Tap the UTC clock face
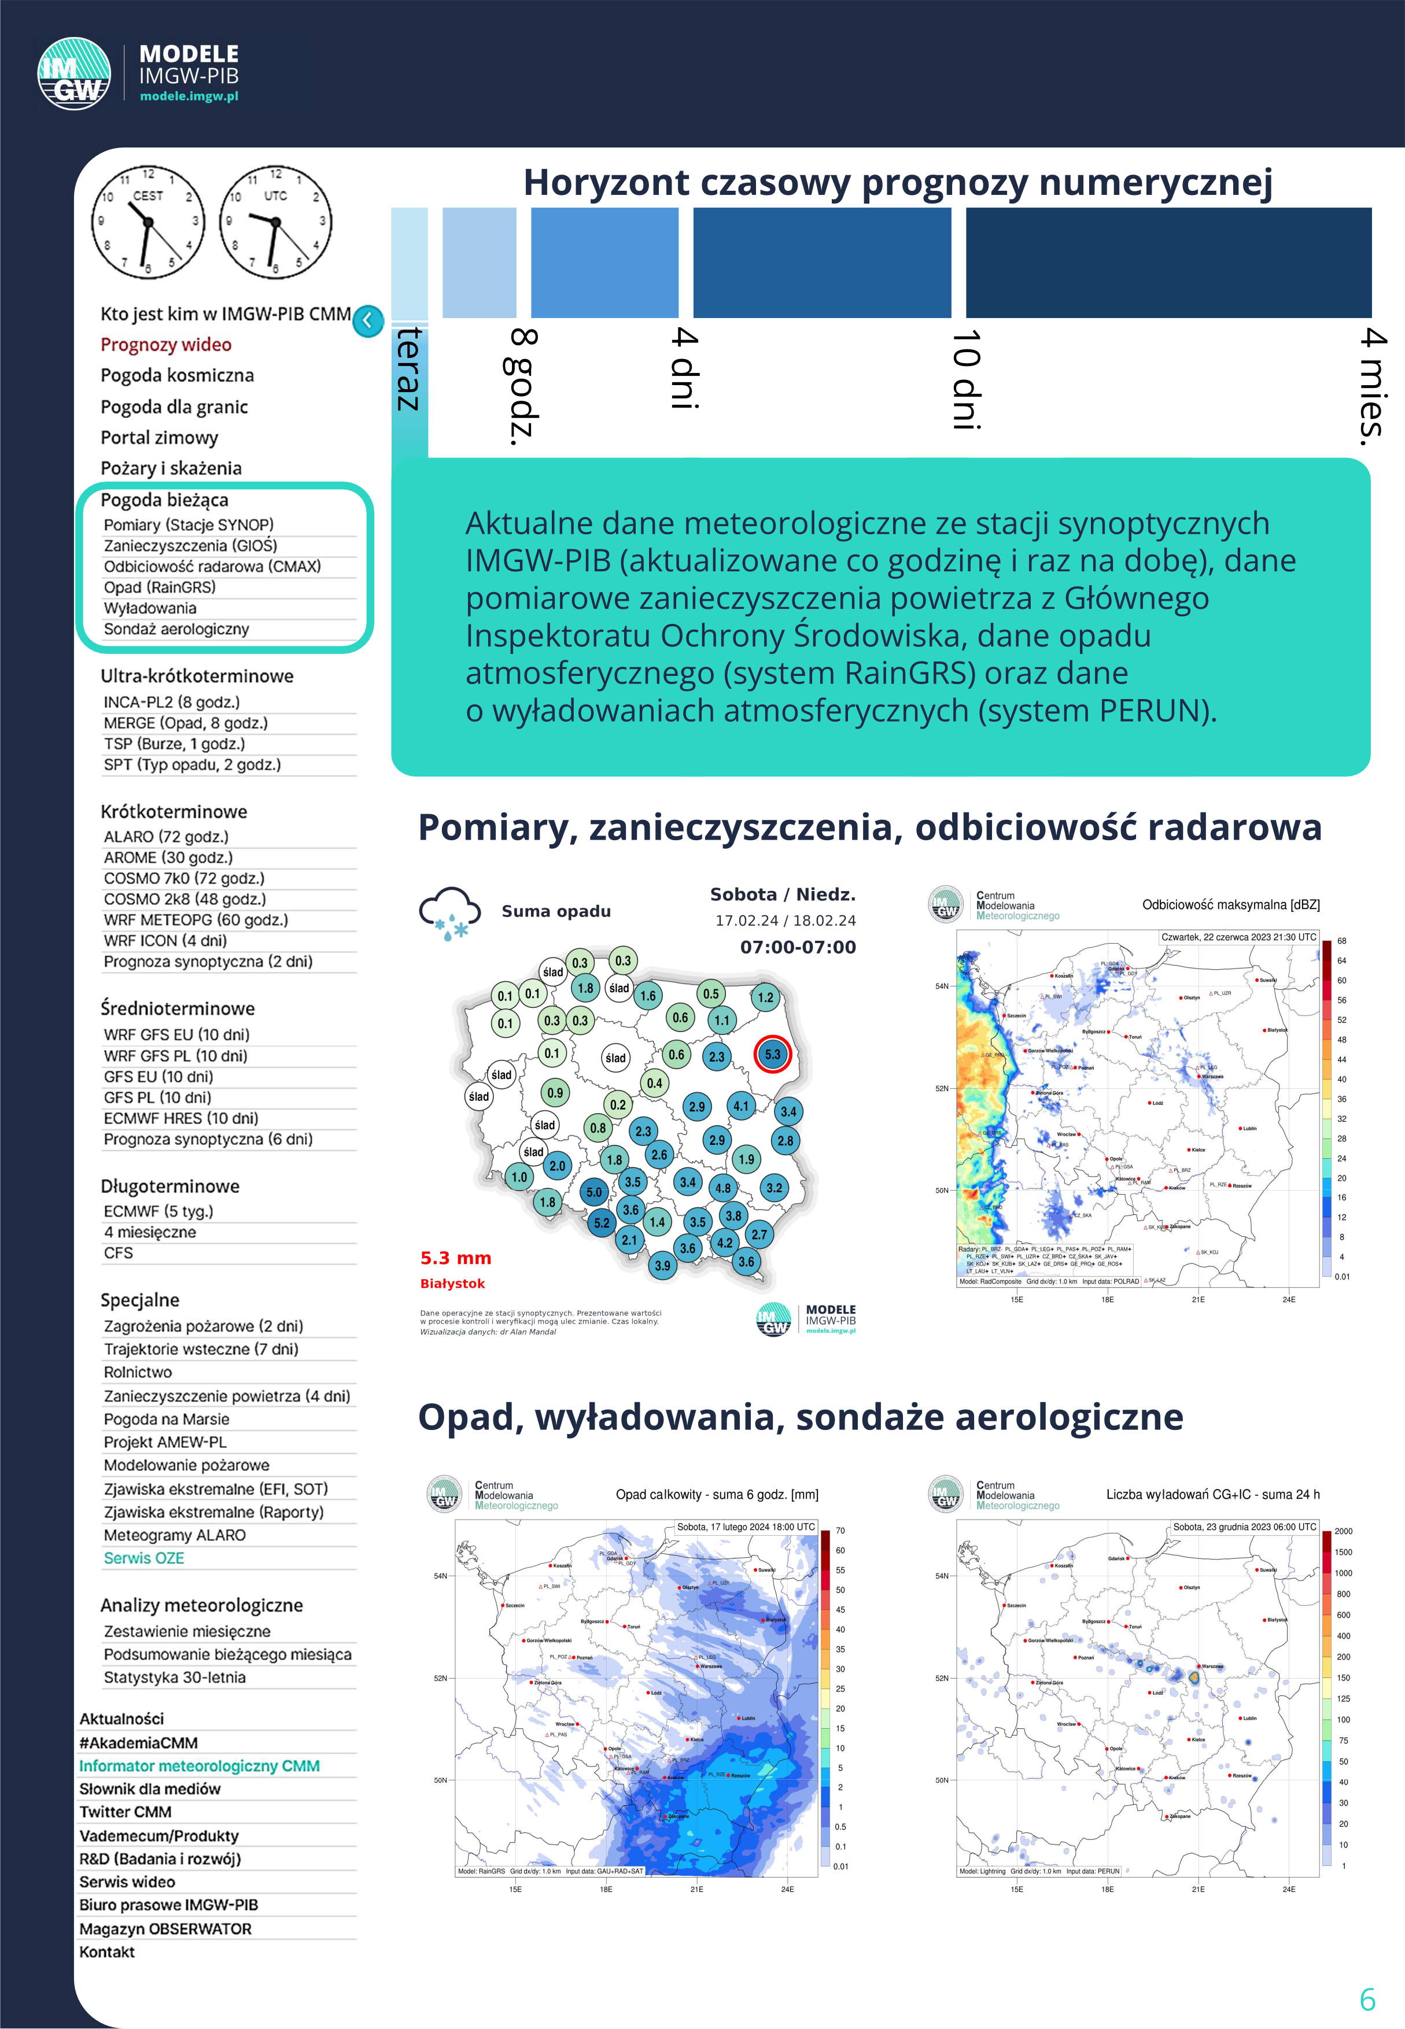click(275, 221)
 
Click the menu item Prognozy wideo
click(165, 345)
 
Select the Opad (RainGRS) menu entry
click(159, 587)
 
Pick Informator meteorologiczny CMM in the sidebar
click(199, 1766)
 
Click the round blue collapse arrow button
click(368, 320)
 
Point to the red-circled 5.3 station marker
click(772, 1054)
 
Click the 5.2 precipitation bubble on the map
click(601, 1222)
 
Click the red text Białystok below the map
click(452, 1284)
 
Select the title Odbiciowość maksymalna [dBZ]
click(1231, 904)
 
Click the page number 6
click(1367, 1999)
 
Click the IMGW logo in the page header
click(74, 74)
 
